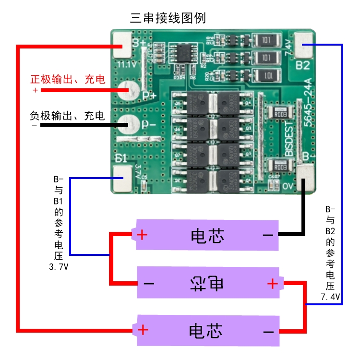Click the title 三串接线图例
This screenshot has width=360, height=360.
(x=168, y=19)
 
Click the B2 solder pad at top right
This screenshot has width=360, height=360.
(x=303, y=43)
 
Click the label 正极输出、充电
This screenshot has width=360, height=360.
(x=68, y=79)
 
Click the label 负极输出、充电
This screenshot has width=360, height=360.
(x=67, y=116)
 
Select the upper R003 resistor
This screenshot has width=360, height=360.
(x=280, y=114)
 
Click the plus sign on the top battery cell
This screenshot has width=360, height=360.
(x=142, y=235)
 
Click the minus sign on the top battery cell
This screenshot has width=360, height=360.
(x=268, y=235)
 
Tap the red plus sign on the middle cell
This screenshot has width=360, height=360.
(x=272, y=284)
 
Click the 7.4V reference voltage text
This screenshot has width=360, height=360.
(x=330, y=297)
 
